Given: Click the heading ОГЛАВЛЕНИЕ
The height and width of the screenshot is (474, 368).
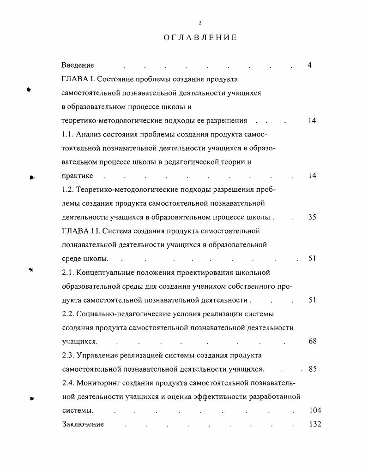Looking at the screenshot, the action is [200, 37].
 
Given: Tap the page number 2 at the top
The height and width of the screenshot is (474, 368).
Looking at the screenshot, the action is [200, 23].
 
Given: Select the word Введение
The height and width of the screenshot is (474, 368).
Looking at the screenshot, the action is [78, 65].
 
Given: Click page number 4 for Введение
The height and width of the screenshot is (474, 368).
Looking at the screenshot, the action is [309, 65].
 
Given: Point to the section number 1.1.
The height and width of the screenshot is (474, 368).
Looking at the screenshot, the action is [67, 134].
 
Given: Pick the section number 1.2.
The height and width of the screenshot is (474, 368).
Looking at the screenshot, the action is [67, 190].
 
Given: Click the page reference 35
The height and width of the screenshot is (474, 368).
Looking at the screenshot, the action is [312, 217].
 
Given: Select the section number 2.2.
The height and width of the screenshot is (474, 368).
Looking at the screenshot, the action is [68, 314].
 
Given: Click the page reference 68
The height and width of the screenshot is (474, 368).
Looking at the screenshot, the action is [312, 342].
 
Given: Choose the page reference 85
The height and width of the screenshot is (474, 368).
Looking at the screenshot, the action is [312, 369].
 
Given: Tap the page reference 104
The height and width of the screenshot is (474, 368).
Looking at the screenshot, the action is [314, 410].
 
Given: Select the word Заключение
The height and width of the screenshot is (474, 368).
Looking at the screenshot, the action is [83, 424].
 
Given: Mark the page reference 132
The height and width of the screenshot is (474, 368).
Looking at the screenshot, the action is [314, 424].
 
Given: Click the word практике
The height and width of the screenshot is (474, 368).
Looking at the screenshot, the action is [77, 176].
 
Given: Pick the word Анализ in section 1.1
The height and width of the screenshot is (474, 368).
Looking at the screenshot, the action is [88, 134].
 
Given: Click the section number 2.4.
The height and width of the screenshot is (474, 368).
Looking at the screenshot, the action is [68, 383].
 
